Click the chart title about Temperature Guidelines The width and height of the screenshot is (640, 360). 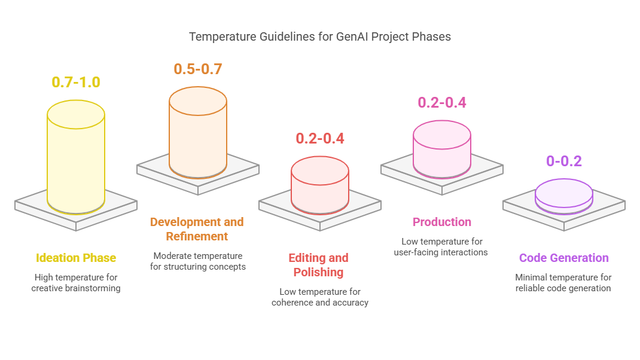tap(319, 36)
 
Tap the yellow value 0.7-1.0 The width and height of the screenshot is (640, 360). tap(76, 82)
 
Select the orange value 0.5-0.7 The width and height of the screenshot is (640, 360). tap(198, 69)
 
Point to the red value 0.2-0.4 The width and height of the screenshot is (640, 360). tap(320, 138)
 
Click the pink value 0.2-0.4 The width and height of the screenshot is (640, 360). tap(442, 102)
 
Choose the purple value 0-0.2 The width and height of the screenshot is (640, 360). tap(564, 161)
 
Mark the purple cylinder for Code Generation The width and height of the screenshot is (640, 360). tap(564, 194)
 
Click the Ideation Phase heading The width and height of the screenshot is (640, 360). tap(76, 258)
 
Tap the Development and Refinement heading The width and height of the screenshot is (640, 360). tap(197, 229)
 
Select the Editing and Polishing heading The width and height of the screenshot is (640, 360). tap(319, 265)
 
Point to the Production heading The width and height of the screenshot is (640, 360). tap(442, 222)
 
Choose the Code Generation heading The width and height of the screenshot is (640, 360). tap(564, 258)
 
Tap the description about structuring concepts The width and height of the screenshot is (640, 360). tap(198, 261)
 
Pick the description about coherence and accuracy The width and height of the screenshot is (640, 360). tap(320, 297)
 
